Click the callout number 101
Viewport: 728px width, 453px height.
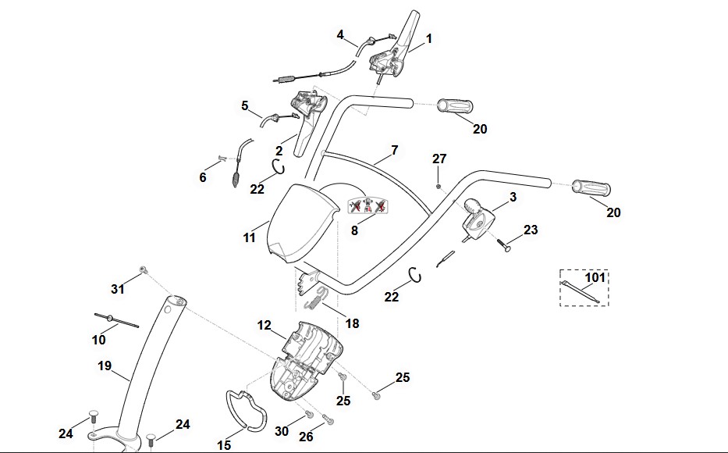pos(595,277)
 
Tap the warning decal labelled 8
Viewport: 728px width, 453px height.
pos(369,206)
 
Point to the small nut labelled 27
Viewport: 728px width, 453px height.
pos(439,186)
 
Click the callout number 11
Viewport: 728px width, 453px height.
pos(249,237)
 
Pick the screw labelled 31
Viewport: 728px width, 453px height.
pos(143,270)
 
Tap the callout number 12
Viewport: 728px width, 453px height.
pos(265,324)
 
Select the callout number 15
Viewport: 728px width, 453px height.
pos(224,445)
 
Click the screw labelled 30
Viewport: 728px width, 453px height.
pos(309,414)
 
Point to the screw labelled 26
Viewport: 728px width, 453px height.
pos(328,421)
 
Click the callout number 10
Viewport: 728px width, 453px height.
pos(98,341)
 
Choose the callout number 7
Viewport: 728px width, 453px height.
pos(394,149)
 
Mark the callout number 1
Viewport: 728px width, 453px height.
pos(428,37)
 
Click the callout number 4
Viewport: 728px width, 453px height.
pos(340,34)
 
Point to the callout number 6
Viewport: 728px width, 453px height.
pos(203,177)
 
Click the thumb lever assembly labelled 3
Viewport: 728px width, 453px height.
pos(477,219)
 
